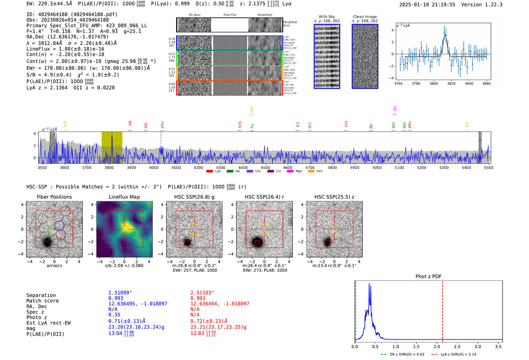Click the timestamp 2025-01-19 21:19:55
point(427,5)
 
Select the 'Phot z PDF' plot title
point(428,276)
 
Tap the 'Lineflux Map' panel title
point(124,197)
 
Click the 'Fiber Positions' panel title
point(54,197)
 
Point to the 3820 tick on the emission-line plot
point(451,83)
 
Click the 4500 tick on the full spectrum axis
point(265,167)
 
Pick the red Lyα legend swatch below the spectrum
point(209,171)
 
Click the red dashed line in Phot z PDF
point(442,310)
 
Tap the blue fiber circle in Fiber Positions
point(59,226)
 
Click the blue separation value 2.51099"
point(120,293)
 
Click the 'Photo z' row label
point(37,317)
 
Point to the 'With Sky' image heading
point(326,17)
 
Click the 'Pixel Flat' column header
point(230,15)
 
